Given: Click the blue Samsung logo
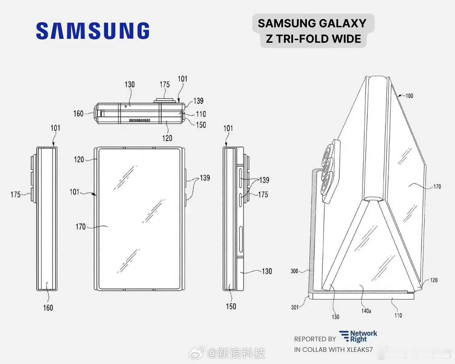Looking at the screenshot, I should [x=93, y=31].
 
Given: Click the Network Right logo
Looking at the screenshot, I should [x=358, y=336].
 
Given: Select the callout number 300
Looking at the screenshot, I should [x=294, y=271].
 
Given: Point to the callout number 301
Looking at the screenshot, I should [x=295, y=307].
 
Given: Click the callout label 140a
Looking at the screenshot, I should [x=366, y=311].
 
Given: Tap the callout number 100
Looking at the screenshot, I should [x=409, y=96].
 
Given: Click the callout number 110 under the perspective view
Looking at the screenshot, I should [x=398, y=315].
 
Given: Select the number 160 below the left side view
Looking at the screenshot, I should [x=48, y=308].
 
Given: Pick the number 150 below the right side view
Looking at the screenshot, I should [x=231, y=306].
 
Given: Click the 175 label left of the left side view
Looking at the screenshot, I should [x=15, y=194].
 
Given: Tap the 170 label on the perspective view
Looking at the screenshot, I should [x=437, y=187].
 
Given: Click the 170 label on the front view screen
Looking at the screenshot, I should [x=80, y=227].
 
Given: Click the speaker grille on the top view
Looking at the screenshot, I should [x=140, y=120].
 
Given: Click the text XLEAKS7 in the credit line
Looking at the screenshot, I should [x=359, y=350].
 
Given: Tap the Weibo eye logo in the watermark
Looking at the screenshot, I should [x=197, y=353].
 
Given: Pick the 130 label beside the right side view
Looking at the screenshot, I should [x=267, y=271].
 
